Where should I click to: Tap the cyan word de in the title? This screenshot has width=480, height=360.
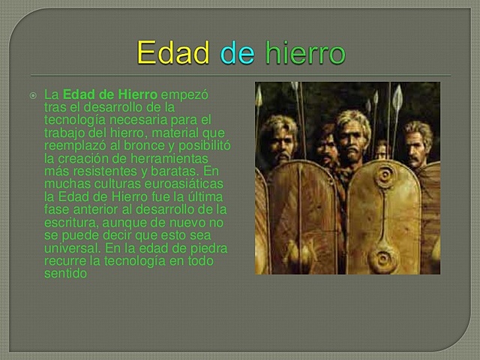click(237, 53)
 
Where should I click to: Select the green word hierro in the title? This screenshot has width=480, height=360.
click(305, 53)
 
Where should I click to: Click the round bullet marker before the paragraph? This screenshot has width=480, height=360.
click(34, 96)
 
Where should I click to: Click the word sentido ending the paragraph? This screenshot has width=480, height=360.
click(66, 272)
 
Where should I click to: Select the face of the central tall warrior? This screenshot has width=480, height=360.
click(352, 134)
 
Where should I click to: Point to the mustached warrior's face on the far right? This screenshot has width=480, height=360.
click(417, 145)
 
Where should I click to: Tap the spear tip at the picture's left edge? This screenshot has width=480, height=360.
click(258, 96)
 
